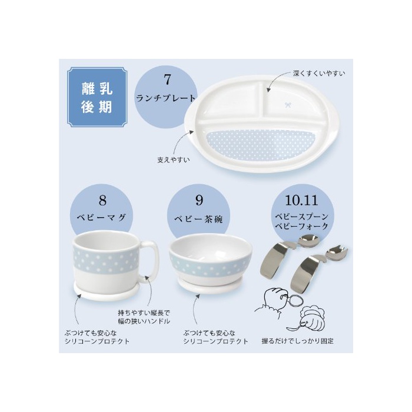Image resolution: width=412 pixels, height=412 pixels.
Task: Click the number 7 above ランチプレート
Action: click(167, 79)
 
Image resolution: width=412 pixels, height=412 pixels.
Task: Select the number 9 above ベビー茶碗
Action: click(199, 200)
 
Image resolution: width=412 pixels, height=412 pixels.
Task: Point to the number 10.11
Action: click(301, 200)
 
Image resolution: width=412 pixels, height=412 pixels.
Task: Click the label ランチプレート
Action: click(166, 98)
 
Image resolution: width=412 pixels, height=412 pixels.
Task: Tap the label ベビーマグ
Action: click(101, 218)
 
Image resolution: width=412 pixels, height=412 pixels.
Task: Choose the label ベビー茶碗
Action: click(198, 219)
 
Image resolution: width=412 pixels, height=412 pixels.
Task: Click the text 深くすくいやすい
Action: click(319, 74)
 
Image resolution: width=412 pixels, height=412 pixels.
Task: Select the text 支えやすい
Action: click(174, 160)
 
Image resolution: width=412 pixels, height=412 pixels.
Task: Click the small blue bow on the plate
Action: click(288, 105)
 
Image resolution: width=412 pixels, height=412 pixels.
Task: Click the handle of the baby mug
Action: click(151, 262)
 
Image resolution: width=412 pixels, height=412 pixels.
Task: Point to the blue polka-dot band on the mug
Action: click(106, 260)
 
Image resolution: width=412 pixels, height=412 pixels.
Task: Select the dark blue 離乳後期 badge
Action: click(97, 97)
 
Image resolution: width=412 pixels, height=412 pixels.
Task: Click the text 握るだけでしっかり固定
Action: click(297, 341)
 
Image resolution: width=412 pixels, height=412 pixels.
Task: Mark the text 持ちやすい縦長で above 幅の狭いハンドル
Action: click(144, 313)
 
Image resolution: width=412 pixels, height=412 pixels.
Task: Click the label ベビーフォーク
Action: click(302, 226)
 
